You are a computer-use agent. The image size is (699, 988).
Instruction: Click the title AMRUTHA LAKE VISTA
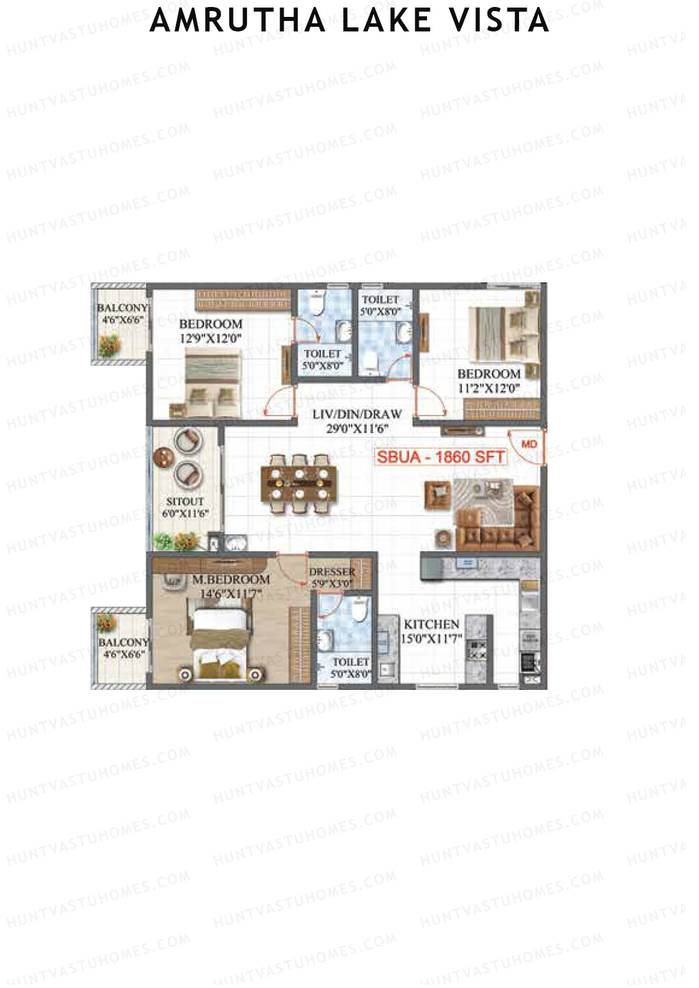349,21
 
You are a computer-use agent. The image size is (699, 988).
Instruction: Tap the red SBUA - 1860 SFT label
440,457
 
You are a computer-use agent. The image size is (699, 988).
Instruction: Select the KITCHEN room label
432,624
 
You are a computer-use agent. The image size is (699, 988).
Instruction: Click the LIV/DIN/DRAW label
357,415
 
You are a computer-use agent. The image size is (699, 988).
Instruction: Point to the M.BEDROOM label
231,580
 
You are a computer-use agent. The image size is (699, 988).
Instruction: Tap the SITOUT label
185,501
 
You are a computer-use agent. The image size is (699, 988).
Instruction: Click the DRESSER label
332,572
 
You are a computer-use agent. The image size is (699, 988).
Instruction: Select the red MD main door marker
529,444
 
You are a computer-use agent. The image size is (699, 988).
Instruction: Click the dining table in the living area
299,483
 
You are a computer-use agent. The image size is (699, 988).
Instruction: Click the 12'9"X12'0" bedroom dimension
210,338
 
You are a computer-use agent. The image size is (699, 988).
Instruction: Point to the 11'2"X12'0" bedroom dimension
489,388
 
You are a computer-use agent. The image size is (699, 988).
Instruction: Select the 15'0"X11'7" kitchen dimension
431,639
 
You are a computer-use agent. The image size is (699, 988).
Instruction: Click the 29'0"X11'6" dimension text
357,429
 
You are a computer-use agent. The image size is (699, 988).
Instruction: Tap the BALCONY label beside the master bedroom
123,642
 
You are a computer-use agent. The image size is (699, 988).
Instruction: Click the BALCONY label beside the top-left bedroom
122,307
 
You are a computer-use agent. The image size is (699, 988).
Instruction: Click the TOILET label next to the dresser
351,662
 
